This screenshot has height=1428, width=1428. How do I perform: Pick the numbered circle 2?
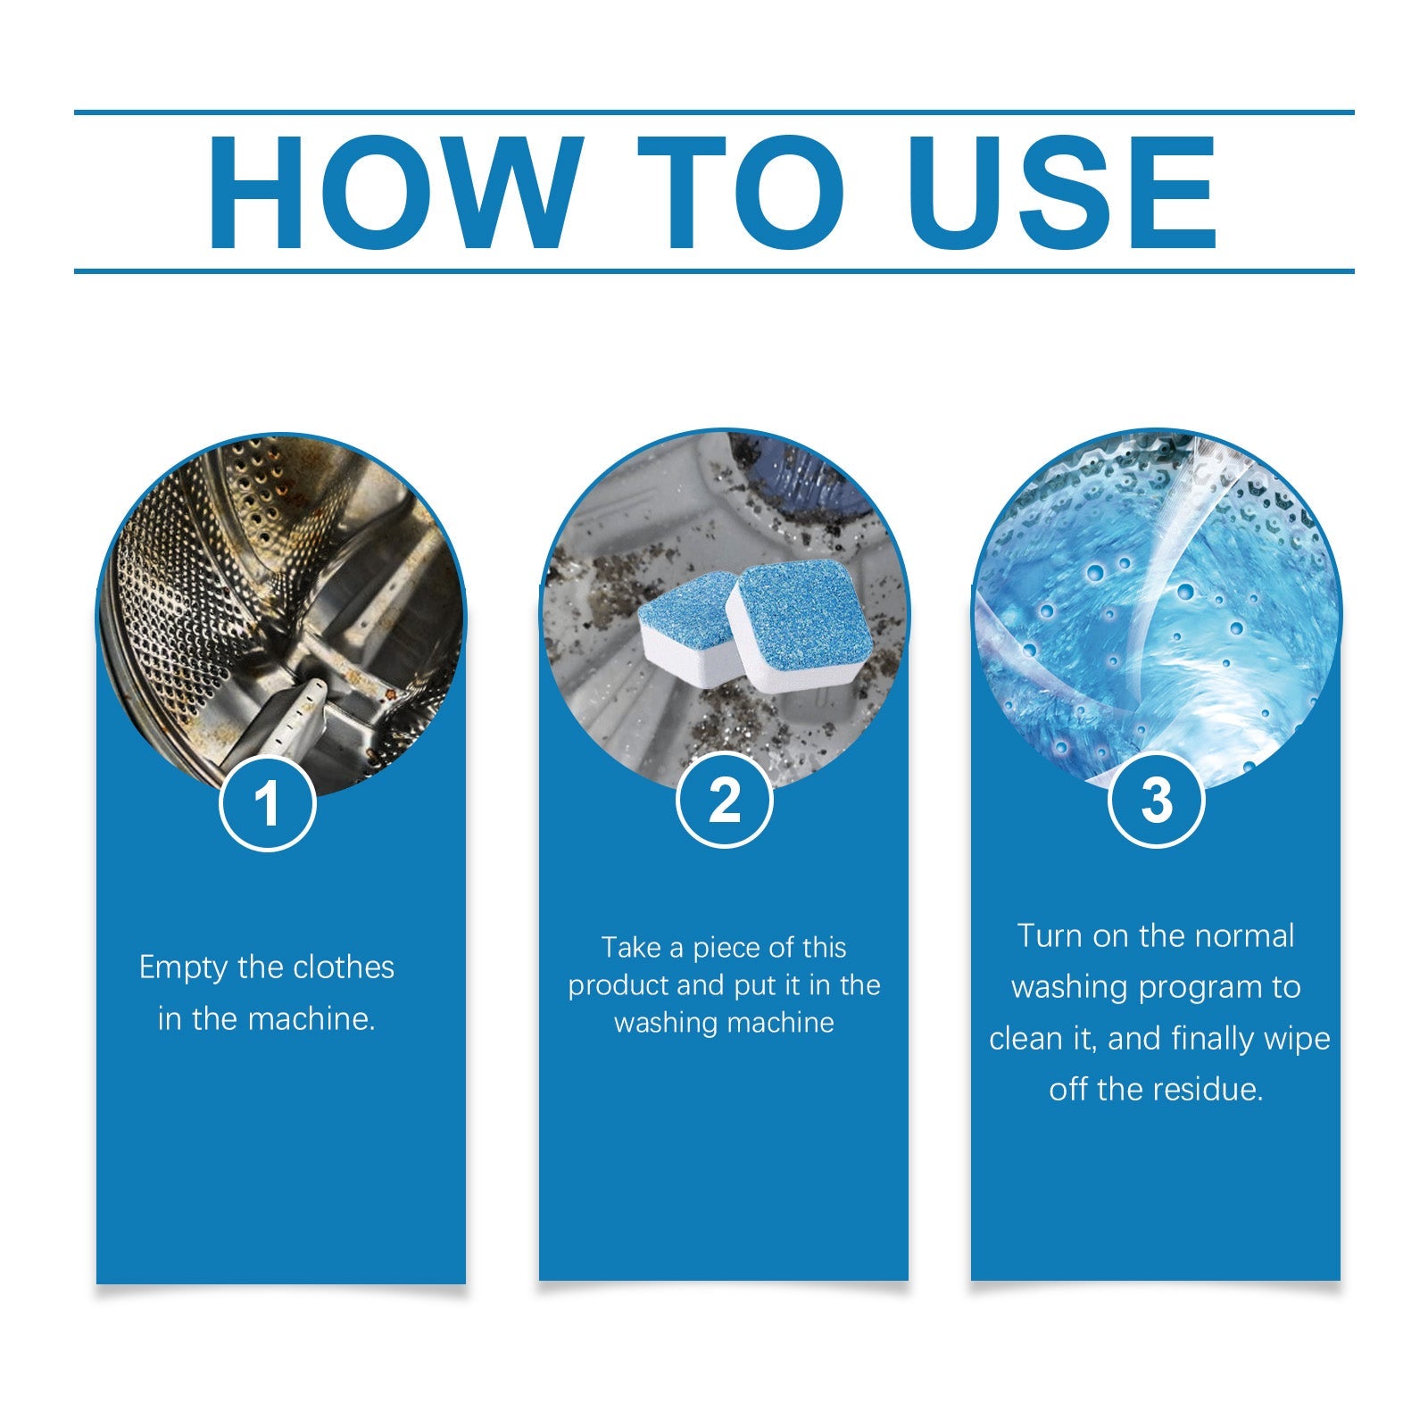pos(724,800)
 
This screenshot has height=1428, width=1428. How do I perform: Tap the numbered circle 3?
pos(1156,800)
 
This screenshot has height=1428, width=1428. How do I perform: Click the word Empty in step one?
pos(183,968)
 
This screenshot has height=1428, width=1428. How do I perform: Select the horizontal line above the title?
pos(714,113)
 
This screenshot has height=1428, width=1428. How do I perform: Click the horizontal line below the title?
pos(714,270)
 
